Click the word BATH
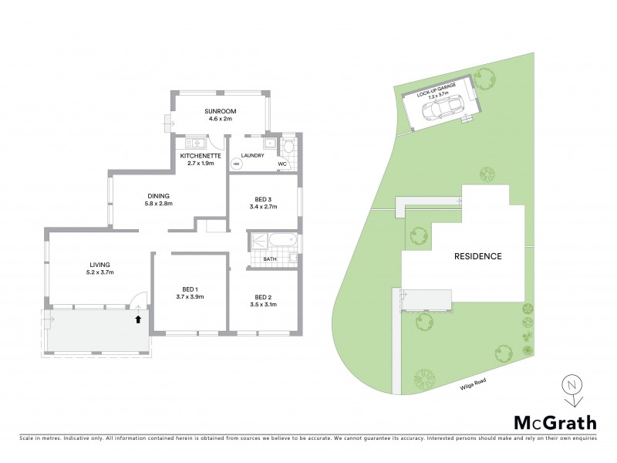tap(269, 259)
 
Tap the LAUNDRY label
tap(252, 156)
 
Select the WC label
tap(282, 164)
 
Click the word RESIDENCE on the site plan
tap(477, 256)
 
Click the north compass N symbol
tap(571, 384)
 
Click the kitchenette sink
tap(194, 143)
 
